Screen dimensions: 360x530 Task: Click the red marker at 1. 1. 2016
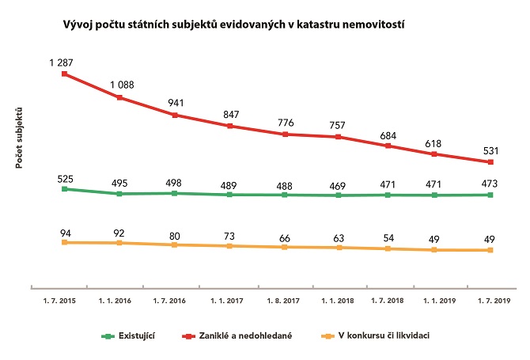pos(119,97)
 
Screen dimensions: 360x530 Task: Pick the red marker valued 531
pos(491,162)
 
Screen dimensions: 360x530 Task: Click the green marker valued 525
pos(65,188)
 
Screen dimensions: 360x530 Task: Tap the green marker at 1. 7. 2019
pos(491,195)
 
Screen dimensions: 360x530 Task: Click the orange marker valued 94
pos(65,242)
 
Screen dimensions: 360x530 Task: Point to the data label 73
pos(229,236)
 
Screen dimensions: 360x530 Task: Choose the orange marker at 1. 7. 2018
pos(388,248)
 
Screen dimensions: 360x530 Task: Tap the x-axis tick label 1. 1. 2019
pos(437,301)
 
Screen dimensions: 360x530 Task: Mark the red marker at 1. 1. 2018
pos(338,137)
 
